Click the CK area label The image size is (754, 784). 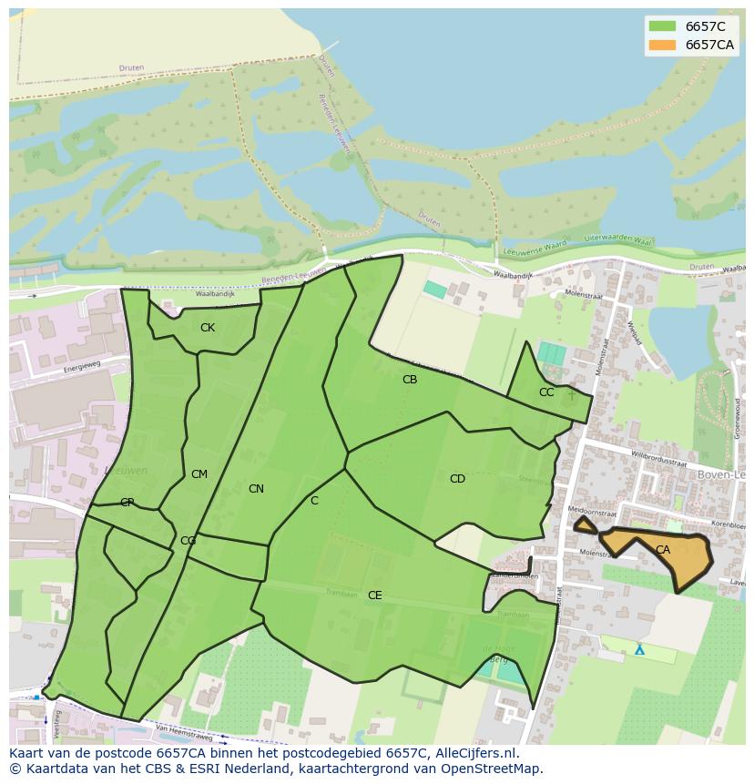click(x=208, y=328)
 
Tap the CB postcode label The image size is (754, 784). click(x=410, y=380)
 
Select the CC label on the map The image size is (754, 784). click(x=546, y=392)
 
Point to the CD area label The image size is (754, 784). click(x=457, y=479)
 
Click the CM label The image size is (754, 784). click(x=199, y=474)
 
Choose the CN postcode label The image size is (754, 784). click(x=256, y=489)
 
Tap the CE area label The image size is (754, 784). click(x=374, y=596)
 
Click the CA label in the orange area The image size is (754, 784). click(x=663, y=550)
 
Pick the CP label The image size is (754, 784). click(x=127, y=503)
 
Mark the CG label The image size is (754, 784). click(x=188, y=541)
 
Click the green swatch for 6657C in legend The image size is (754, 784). click(x=662, y=26)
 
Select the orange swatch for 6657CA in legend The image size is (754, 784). click(x=662, y=45)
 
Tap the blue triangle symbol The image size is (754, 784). click(x=639, y=649)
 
